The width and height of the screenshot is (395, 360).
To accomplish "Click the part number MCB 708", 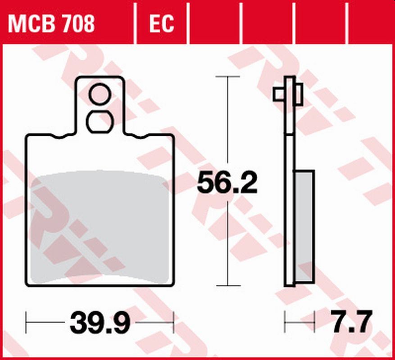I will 51,24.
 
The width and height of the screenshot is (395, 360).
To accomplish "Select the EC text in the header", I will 161,24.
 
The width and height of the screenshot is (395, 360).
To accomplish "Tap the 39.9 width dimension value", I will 100,322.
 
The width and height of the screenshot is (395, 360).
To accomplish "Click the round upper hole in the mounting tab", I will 100,94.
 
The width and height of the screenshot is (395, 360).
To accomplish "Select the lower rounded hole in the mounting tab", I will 100,121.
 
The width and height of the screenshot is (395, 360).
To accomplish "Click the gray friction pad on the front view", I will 100,227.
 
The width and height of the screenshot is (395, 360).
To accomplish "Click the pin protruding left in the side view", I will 278,94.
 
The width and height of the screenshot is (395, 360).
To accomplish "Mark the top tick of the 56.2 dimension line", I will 227,77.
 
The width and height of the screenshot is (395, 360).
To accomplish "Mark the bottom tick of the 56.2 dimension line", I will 227,285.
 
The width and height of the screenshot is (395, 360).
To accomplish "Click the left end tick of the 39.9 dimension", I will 27,322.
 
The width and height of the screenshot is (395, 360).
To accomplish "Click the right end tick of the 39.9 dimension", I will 173,322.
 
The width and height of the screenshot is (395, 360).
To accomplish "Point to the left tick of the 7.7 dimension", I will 285,322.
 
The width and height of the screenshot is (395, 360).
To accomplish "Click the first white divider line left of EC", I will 135,24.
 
